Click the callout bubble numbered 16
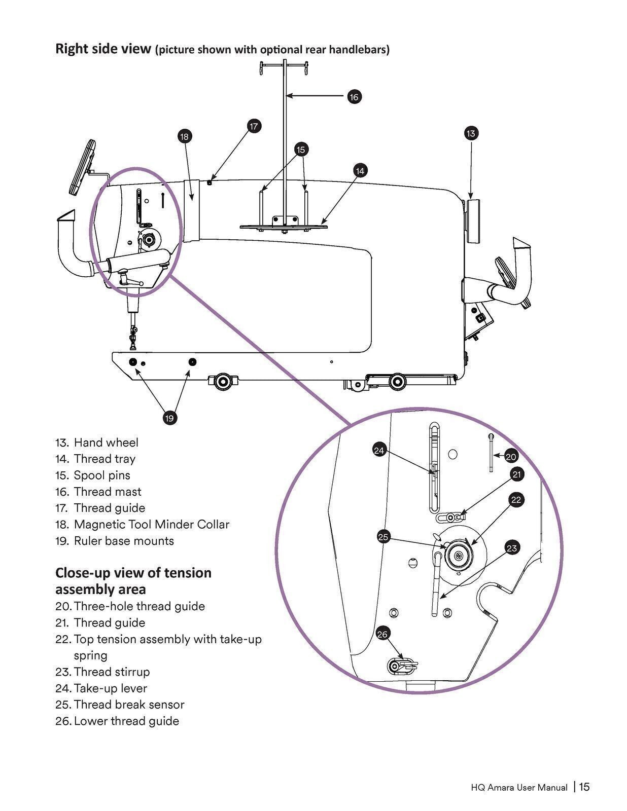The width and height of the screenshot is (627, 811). tap(354, 96)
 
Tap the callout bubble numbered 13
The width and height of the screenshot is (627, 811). tap(471, 133)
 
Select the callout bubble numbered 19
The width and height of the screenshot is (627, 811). tap(169, 418)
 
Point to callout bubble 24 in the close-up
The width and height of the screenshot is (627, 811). tap(379, 450)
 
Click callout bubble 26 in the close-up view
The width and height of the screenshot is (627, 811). tap(382, 634)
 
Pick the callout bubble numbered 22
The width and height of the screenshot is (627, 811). tap(516, 500)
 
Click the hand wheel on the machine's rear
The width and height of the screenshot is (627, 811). tap(474, 221)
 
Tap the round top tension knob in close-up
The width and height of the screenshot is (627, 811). tap(458, 555)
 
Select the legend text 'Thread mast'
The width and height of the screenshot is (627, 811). tap(108, 492)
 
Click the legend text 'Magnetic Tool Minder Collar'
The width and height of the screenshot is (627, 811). tap(151, 524)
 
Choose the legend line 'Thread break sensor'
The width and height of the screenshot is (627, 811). tap(129, 705)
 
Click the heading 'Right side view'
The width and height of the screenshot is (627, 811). tap(103, 49)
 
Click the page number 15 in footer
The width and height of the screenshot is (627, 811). tap(584, 787)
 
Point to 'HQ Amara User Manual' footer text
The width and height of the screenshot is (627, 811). tap(518, 788)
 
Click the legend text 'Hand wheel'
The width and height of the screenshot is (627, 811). tap(106, 443)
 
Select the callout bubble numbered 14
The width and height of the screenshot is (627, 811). tap(360, 171)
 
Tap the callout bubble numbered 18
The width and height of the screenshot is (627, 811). tap(184, 136)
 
